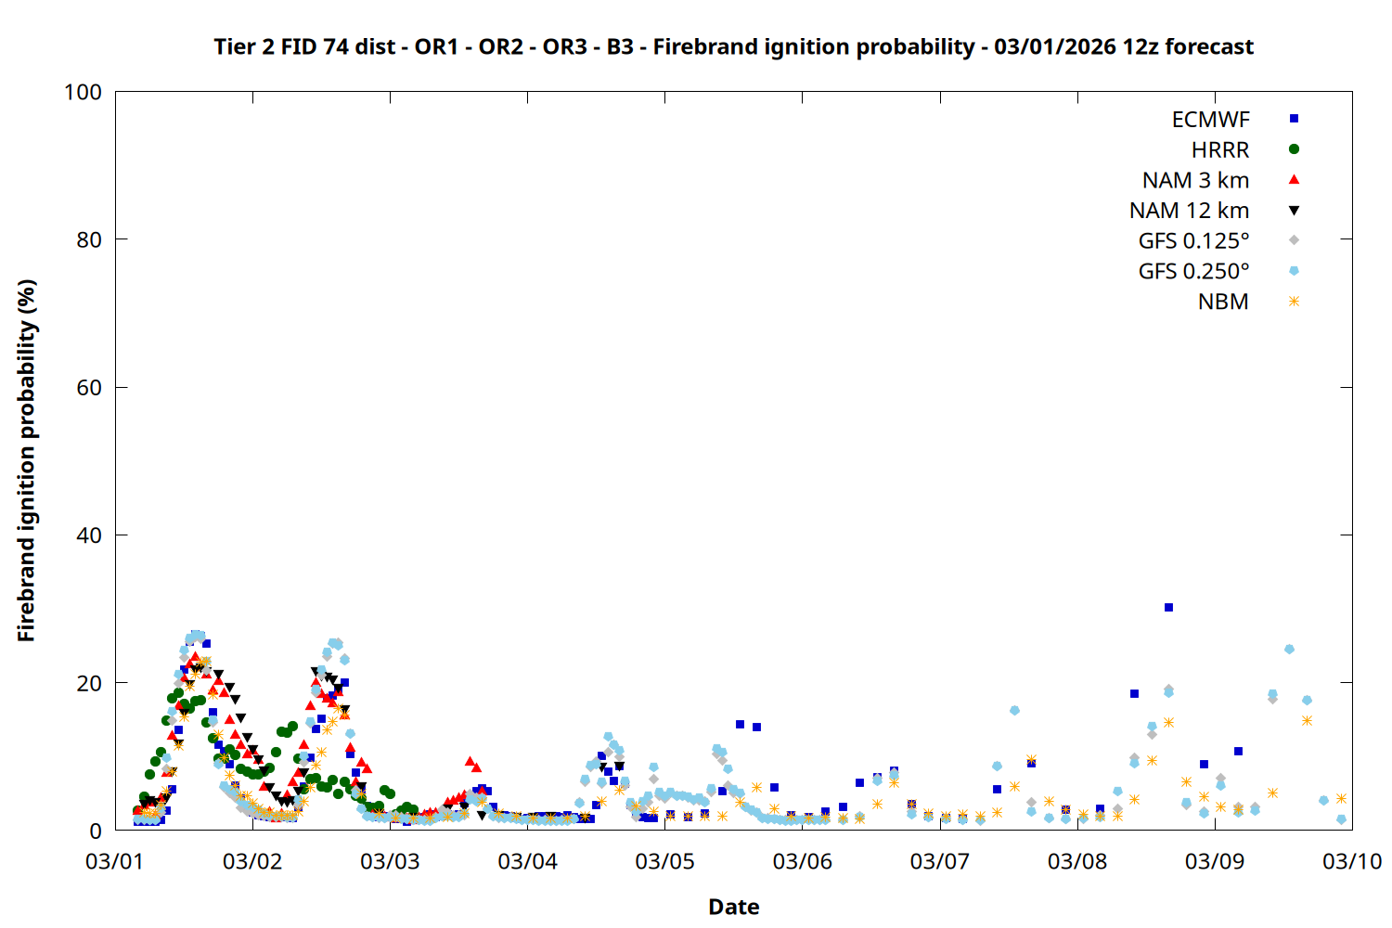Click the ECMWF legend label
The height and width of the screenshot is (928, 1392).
pyautogui.click(x=1210, y=120)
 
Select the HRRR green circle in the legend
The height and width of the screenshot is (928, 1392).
pyautogui.click(x=1294, y=149)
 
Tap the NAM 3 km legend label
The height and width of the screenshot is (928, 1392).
pyautogui.click(x=1195, y=180)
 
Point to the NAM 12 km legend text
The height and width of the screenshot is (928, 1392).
pyautogui.click(x=1189, y=211)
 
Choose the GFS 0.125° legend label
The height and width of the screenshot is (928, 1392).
pyautogui.click(x=1193, y=241)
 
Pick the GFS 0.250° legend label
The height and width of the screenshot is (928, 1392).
pyautogui.click(x=1193, y=272)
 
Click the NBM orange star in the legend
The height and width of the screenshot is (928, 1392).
pyautogui.click(x=1294, y=302)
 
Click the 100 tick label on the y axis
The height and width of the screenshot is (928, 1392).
pyautogui.click(x=83, y=92)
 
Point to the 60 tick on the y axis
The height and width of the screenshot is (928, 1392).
pyautogui.click(x=89, y=388)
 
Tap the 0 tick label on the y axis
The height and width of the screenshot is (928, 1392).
pyautogui.click(x=96, y=831)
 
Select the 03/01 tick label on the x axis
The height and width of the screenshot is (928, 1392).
pyautogui.click(x=114, y=861)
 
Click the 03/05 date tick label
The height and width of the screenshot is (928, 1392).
pyautogui.click(x=664, y=861)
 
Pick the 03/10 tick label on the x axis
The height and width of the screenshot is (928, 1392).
pyautogui.click(x=1352, y=861)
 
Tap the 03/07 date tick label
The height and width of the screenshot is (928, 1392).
pyautogui.click(x=939, y=861)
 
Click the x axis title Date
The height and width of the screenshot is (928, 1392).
pyautogui.click(x=733, y=907)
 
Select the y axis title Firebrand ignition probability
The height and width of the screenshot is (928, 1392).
pyautogui.click(x=27, y=460)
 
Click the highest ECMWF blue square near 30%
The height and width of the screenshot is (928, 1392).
pyautogui.click(x=1168, y=608)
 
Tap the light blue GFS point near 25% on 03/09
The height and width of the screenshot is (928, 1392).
pyautogui.click(x=1289, y=650)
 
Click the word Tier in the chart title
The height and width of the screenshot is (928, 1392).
pyautogui.click(x=233, y=46)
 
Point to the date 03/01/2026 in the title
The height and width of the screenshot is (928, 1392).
pyautogui.click(x=1054, y=46)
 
